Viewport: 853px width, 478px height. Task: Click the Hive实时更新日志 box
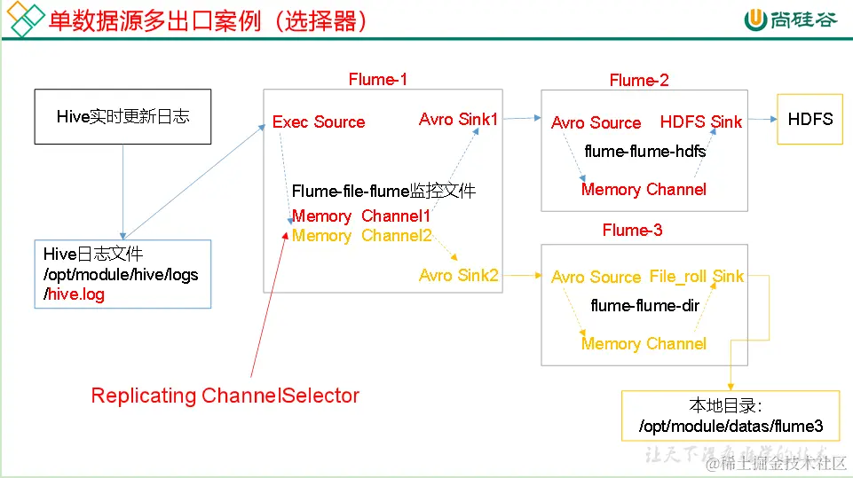(x=122, y=116)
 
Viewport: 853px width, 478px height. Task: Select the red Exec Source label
(x=319, y=122)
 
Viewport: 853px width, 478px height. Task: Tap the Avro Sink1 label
(x=459, y=119)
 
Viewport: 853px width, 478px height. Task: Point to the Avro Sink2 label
(x=459, y=276)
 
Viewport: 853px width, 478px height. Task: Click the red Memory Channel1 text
(x=361, y=216)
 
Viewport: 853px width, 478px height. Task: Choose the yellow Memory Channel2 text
(x=361, y=236)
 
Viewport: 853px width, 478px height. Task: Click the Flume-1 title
(x=378, y=80)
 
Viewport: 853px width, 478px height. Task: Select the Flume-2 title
(x=639, y=81)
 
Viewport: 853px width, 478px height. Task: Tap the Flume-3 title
(x=632, y=231)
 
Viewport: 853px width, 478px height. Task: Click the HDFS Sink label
(x=700, y=122)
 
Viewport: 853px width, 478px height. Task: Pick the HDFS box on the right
(x=810, y=119)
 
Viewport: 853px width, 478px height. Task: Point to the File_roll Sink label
(x=697, y=277)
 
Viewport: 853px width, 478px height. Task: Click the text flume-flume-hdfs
(x=645, y=152)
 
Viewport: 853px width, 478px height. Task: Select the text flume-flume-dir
(x=645, y=306)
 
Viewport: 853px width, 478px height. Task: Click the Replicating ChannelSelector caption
(x=225, y=396)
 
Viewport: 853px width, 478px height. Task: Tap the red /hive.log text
(x=75, y=294)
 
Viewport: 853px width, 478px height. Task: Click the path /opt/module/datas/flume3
(x=731, y=427)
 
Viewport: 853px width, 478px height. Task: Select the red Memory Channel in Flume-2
(x=644, y=190)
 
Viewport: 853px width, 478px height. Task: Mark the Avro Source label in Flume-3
(x=596, y=278)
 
